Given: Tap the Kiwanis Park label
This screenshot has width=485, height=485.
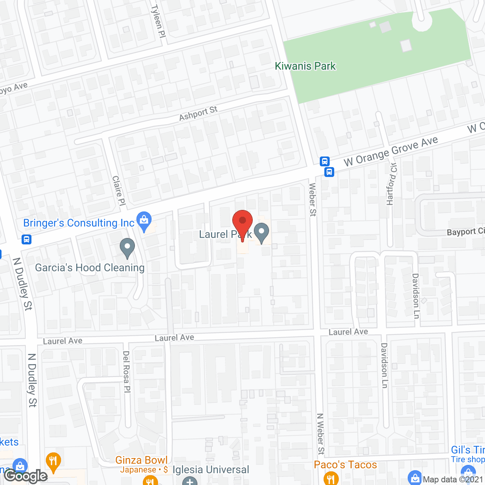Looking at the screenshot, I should point(305,66).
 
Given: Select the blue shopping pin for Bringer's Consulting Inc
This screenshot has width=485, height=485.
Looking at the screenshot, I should point(144,221).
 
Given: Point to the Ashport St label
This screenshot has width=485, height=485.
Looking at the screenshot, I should point(198,113).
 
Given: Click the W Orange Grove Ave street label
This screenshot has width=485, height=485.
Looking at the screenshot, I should point(391,152).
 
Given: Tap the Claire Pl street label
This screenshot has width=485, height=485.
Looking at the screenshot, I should point(119,190).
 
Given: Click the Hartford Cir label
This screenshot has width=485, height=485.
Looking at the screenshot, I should point(391,184).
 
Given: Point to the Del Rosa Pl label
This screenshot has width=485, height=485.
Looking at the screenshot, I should point(127,371).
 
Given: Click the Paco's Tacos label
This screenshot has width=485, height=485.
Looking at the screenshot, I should point(345,465).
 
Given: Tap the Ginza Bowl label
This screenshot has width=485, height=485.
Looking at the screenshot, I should point(141,460).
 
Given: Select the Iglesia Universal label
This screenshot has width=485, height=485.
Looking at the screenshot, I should point(211,470).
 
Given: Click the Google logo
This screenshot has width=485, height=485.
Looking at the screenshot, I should point(26,476).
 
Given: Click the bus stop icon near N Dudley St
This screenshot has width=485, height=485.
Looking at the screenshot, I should point(27,239).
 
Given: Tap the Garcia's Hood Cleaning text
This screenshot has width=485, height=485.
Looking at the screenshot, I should point(90,268).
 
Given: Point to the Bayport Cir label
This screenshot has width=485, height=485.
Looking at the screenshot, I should point(466,232).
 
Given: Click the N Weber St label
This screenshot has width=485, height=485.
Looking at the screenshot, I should point(321,434).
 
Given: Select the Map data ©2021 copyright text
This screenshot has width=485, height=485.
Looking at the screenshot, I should point(453,480).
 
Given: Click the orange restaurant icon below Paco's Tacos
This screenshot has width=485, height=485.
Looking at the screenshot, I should point(331,478).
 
